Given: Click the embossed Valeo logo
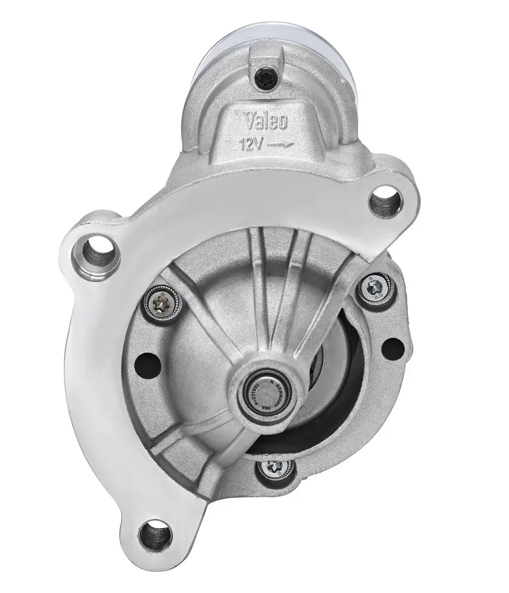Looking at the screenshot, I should click(266, 122).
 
